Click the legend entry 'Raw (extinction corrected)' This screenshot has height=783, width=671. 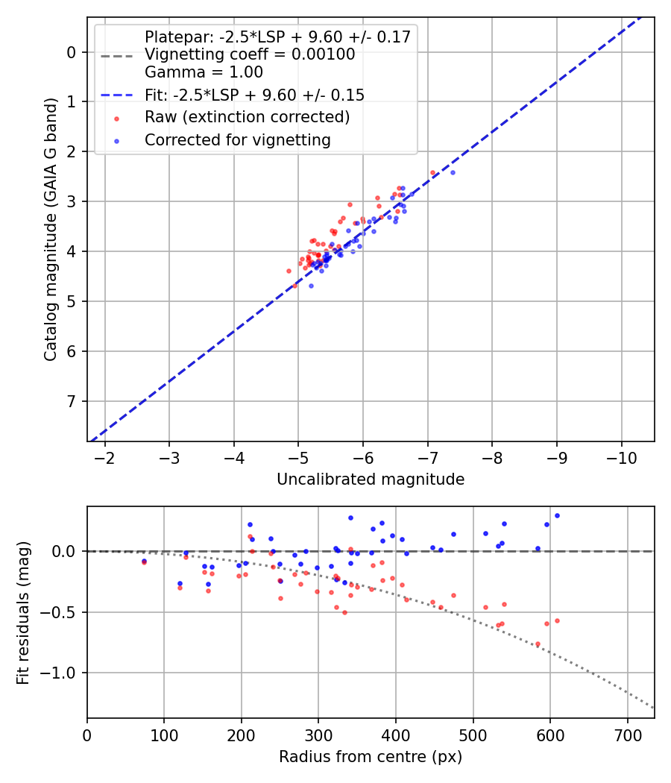[x=247, y=117]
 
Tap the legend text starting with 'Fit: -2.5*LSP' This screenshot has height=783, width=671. [x=254, y=95]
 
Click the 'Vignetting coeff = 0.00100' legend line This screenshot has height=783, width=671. [x=250, y=54]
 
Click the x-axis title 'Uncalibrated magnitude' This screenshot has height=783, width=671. [x=371, y=479]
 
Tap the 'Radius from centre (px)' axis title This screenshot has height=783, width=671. [x=371, y=757]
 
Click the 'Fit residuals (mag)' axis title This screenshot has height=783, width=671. [x=23, y=612]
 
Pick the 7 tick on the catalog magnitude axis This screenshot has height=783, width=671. [x=71, y=402]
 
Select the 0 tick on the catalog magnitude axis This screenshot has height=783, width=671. [x=71, y=52]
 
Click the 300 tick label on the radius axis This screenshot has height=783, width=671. [x=318, y=735]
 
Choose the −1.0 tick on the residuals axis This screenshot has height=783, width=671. [x=60, y=673]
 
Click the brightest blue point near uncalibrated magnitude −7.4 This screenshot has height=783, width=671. [x=453, y=172]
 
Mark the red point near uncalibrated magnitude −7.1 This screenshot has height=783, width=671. [x=432, y=172]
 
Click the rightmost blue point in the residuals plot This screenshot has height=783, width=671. [x=557, y=515]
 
